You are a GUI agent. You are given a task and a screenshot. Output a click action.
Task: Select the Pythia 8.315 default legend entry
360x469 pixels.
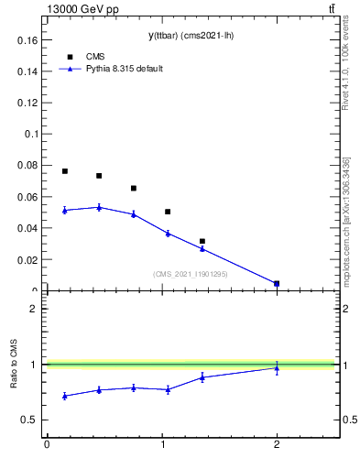[124, 69]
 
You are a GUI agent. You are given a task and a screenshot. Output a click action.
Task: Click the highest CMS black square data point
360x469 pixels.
[65, 171]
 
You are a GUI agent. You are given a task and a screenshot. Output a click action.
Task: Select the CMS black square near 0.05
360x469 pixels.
[168, 212]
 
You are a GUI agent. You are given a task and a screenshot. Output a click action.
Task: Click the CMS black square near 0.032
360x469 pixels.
[202, 241]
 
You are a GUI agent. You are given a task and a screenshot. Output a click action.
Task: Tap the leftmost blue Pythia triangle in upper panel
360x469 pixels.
[65, 210]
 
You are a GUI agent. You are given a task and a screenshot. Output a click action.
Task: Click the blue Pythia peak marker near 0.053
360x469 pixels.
[99, 207]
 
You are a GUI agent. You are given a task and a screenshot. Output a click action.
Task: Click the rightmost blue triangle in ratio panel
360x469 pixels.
[277, 367]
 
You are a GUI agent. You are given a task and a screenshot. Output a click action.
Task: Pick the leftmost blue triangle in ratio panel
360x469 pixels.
[65, 396]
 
